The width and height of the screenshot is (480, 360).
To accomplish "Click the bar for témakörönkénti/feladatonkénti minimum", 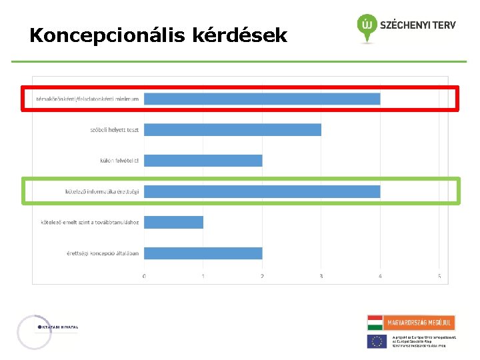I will (x=262, y=99).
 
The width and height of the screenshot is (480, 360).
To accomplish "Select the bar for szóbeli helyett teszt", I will (x=233, y=129).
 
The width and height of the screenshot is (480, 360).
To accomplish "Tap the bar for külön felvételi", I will (x=203, y=161).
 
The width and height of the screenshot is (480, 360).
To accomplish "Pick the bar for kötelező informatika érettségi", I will (x=262, y=191).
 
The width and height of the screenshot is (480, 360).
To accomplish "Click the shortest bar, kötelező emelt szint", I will (x=174, y=222).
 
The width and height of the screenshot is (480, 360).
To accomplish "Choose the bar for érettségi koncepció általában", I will (x=203, y=253).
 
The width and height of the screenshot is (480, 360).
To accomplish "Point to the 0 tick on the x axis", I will (x=145, y=276).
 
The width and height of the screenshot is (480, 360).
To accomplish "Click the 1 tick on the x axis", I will (x=203, y=276).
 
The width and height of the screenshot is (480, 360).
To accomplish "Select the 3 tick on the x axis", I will (x=321, y=276).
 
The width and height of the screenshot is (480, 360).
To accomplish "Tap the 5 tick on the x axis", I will (x=439, y=276).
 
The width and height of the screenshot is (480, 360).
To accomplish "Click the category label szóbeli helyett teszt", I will (x=115, y=129).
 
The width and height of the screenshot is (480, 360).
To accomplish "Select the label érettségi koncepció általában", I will (x=103, y=253).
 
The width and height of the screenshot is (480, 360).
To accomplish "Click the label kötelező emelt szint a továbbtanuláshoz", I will (x=90, y=222).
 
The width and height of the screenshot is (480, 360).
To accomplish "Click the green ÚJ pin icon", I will (x=366, y=27).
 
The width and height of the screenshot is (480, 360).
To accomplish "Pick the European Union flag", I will (x=377, y=341).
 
